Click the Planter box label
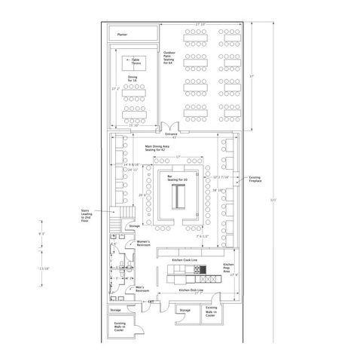click(x=123, y=34)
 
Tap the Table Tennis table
click(x=136, y=62)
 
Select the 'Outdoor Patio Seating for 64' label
click(x=172, y=57)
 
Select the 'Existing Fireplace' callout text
click(x=255, y=179)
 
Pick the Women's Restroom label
click(x=144, y=244)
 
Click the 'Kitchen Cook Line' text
click(x=185, y=259)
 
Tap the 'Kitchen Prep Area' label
click(x=230, y=268)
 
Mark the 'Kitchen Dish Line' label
click(x=185, y=290)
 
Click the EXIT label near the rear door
click(x=151, y=301)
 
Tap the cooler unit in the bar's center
click(x=178, y=198)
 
